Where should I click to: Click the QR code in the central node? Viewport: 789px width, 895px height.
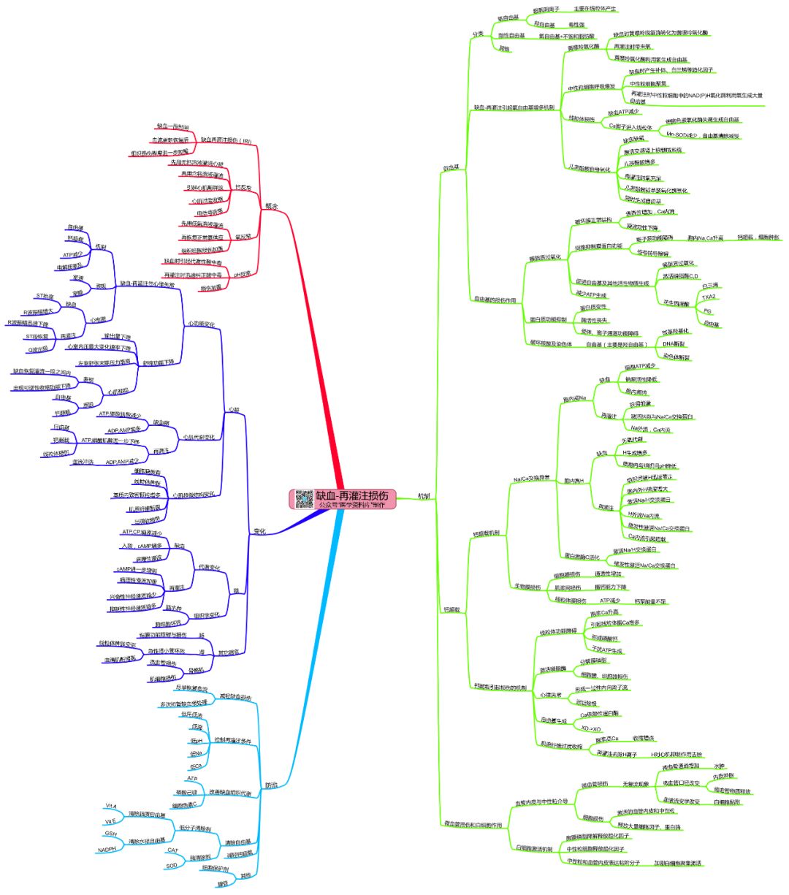pos(305,499)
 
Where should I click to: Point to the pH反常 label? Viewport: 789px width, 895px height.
pos(243,273)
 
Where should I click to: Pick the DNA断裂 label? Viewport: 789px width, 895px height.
pos(674,343)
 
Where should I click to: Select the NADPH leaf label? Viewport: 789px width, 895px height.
pos(107,849)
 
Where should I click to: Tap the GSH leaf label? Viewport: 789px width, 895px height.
pos(110,834)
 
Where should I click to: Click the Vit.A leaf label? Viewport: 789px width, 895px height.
pos(111,806)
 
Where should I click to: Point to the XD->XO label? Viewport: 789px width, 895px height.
pos(590,729)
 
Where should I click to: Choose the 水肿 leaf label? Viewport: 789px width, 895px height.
pos(719,766)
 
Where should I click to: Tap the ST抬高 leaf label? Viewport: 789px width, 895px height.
pos(45,296)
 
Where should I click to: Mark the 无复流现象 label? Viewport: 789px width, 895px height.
pos(636,784)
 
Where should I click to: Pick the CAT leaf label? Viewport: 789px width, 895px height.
pos(172,850)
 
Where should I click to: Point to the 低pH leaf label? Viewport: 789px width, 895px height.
pos(195,740)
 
